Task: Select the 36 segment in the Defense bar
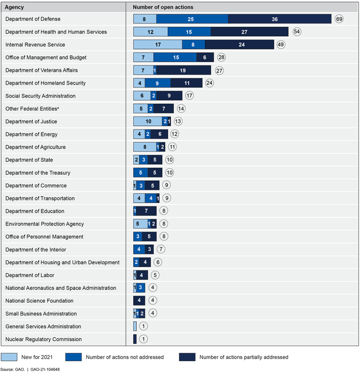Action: pyautogui.click(x=280, y=19)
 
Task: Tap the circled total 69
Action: pyautogui.click(x=339, y=19)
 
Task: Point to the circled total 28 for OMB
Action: pyautogui.click(x=221, y=57)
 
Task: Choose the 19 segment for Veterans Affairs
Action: pyautogui.click(x=183, y=70)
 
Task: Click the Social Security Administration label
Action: pyautogui.click(x=40, y=96)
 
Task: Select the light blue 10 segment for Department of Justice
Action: pyautogui.click(x=148, y=121)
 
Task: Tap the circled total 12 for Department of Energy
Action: pyautogui.click(x=175, y=134)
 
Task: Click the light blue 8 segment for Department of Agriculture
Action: pyautogui.click(x=144, y=147)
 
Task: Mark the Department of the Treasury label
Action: pyautogui.click(x=38, y=173)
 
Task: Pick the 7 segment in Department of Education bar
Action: pyautogui.click(x=146, y=211)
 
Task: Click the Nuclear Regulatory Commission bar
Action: pyautogui.click(x=135, y=339)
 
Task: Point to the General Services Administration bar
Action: pyautogui.click(x=135, y=326)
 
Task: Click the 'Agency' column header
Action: pyautogui.click(x=14, y=7)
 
